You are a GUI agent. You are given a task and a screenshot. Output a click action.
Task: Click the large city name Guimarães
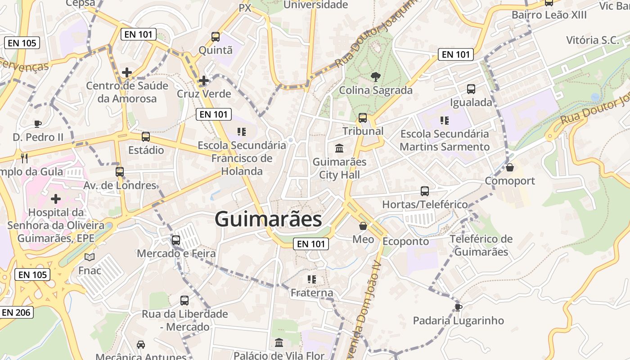click(x=268, y=220)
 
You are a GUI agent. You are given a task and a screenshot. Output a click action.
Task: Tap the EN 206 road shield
click(x=17, y=312)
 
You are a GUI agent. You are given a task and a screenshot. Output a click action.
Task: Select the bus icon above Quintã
click(x=216, y=37)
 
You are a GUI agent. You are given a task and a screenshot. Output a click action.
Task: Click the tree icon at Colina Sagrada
click(x=375, y=77)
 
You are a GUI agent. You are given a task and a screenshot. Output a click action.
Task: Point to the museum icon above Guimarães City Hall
click(x=339, y=148)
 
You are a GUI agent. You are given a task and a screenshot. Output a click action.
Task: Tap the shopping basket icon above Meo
click(x=363, y=226)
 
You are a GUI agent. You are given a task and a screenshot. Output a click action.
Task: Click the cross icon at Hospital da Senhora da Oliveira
click(x=56, y=198)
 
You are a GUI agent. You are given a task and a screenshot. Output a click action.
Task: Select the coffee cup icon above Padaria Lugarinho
click(x=458, y=307)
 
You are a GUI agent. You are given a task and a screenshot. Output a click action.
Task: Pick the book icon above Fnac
click(x=90, y=257)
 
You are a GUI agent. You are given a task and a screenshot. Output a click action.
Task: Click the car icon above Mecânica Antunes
click(x=141, y=344)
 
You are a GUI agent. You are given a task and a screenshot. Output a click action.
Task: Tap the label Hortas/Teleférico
click(x=425, y=204)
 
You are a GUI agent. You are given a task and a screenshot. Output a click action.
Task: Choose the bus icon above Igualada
click(x=471, y=89)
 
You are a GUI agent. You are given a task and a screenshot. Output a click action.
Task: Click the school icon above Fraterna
click(x=311, y=279)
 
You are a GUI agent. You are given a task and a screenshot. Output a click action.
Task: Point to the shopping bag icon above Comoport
click(x=510, y=167)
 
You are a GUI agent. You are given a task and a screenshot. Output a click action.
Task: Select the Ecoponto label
click(x=405, y=241)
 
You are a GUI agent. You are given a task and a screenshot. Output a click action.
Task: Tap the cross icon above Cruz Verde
click(x=204, y=81)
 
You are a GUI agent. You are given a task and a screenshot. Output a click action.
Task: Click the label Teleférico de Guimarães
click(x=481, y=245)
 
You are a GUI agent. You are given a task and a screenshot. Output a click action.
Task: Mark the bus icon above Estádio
click(x=146, y=137)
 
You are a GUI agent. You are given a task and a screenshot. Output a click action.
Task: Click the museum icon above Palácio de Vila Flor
click(x=279, y=343)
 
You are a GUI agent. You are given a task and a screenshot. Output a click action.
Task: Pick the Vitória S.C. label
click(x=592, y=40)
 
